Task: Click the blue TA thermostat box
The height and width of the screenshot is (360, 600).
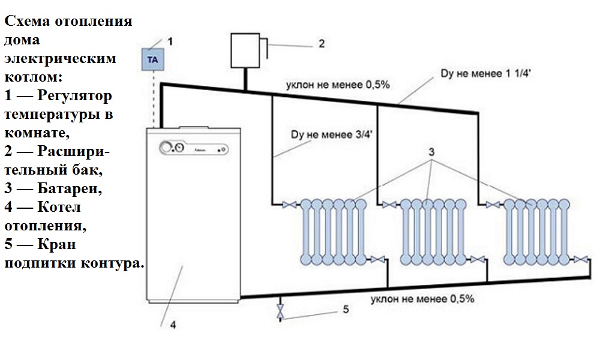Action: click(152, 59)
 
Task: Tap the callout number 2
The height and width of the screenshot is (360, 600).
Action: click(321, 43)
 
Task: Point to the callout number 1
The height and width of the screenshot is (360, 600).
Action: click(170, 41)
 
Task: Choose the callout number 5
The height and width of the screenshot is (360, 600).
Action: click(346, 309)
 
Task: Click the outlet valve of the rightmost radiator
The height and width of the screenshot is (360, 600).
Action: click(580, 259)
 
